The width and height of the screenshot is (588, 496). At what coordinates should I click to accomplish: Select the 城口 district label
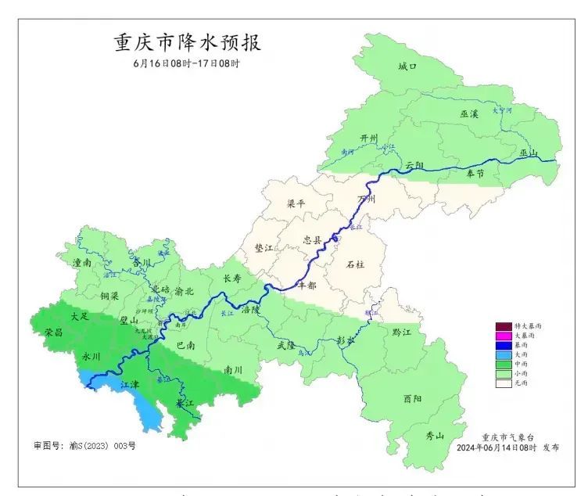[407, 68]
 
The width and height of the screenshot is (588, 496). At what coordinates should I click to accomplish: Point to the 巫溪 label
[470, 114]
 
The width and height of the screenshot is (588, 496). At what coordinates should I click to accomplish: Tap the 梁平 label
[296, 203]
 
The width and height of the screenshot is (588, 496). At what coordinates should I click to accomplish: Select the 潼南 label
[81, 264]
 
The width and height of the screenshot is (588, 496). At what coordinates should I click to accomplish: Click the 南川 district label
[234, 369]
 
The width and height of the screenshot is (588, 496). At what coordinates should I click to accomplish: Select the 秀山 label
[435, 436]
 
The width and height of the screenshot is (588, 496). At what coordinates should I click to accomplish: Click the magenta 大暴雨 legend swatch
[504, 335]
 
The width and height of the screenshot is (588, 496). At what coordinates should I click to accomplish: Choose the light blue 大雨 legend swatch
[504, 354]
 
